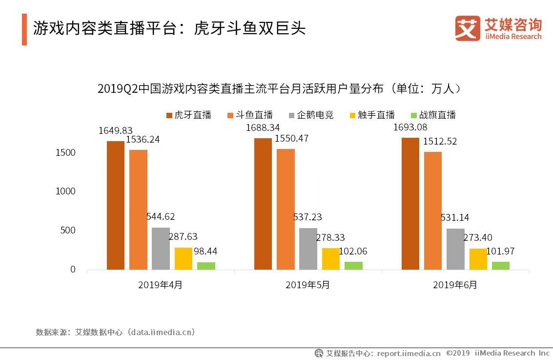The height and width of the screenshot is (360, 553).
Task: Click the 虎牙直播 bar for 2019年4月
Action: point(116,205)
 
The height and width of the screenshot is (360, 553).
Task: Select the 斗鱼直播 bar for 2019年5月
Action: point(286,209)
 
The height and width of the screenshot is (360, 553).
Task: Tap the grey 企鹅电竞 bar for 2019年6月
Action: point(455,249)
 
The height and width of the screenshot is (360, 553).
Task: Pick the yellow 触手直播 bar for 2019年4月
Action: point(184,258)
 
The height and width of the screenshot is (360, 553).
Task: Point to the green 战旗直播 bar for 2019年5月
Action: point(353,266)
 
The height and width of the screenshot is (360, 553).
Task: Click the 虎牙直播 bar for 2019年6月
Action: point(410,204)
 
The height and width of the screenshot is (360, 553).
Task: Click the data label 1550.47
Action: point(292,138)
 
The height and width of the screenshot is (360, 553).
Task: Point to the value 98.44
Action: point(205,251)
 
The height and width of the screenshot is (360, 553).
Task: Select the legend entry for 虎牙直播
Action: point(188,115)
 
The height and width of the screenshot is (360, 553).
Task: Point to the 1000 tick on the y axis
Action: point(66,191)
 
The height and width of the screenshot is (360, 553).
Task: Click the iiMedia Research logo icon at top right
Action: point(468,28)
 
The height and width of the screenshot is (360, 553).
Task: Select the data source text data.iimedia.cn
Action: point(161,332)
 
